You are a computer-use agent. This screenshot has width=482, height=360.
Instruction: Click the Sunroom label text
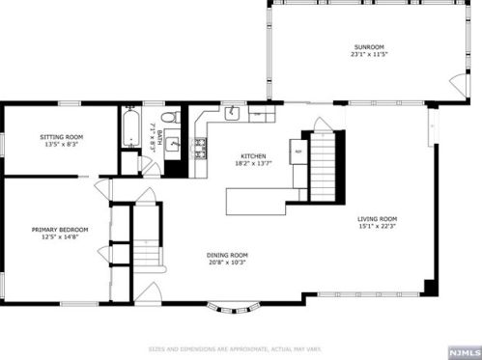(368, 46)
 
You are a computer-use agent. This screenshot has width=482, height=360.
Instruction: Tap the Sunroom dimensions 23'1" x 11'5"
(368, 54)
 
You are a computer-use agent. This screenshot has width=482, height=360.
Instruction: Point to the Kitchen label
(253, 156)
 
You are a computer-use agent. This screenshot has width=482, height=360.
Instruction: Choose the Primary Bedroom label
(60, 229)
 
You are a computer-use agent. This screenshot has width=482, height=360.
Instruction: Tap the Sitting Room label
(61, 137)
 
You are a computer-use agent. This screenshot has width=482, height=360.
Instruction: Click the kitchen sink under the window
(234, 114)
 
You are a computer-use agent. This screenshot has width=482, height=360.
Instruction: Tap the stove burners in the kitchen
(201, 149)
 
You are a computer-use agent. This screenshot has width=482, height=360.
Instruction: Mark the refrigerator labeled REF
(298, 152)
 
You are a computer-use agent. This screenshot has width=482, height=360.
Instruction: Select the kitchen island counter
(258, 200)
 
